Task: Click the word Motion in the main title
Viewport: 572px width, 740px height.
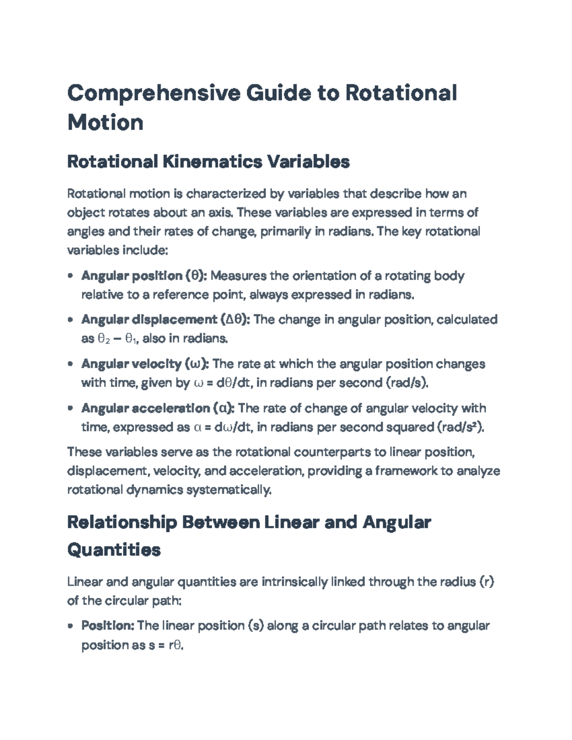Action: click(x=105, y=122)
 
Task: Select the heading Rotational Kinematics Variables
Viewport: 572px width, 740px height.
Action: click(x=208, y=162)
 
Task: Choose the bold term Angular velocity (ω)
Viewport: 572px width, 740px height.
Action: click(x=145, y=364)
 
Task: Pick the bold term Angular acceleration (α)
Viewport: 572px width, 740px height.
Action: click(x=158, y=408)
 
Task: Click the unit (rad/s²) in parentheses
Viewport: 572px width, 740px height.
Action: click(x=460, y=427)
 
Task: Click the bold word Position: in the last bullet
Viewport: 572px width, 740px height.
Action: click(x=108, y=626)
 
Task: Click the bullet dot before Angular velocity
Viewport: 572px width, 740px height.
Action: click(x=71, y=364)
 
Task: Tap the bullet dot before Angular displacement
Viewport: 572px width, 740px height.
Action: click(x=71, y=320)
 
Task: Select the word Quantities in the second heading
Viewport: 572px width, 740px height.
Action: click(x=114, y=550)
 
